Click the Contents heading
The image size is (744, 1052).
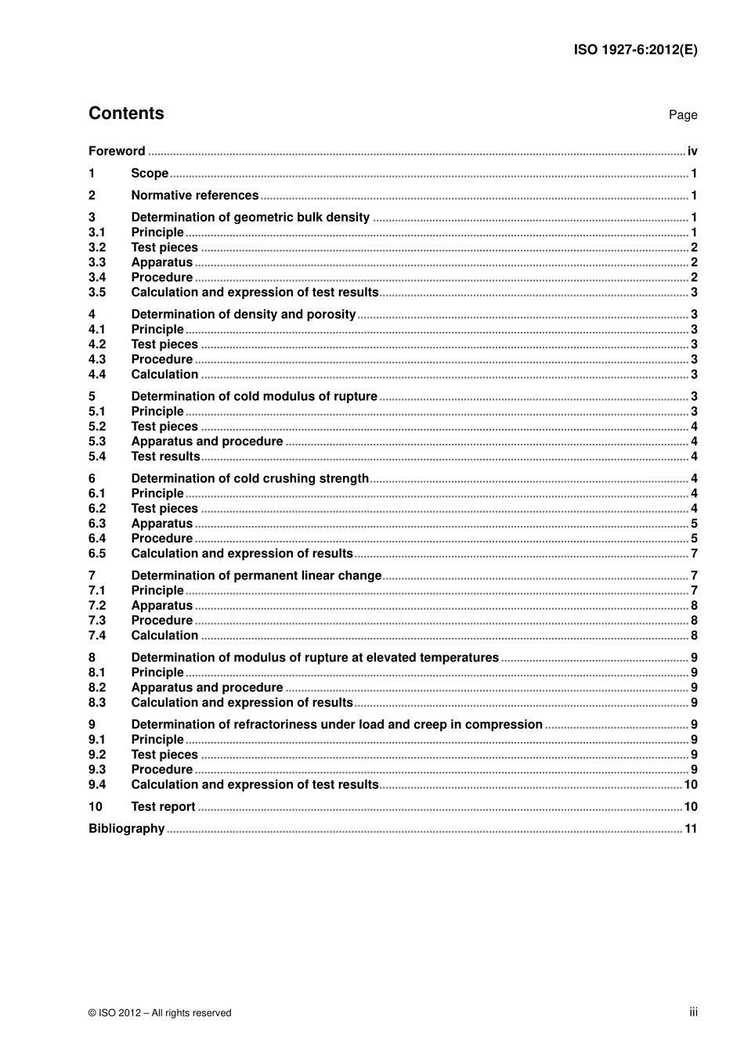pyautogui.click(x=126, y=113)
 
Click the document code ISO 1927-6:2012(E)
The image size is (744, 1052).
pyautogui.click(x=635, y=49)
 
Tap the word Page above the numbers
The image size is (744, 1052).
pyautogui.click(x=683, y=115)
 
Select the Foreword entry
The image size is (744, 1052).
pyautogui.click(x=117, y=151)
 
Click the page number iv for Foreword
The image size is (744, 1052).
pyautogui.click(x=692, y=151)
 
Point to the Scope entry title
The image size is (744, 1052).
pyautogui.click(x=150, y=174)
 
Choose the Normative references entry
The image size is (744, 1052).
pyautogui.click(x=194, y=196)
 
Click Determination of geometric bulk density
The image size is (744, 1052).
pyautogui.click(x=250, y=218)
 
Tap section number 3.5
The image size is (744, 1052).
pyautogui.click(x=97, y=293)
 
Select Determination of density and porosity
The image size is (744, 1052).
pyautogui.click(x=243, y=315)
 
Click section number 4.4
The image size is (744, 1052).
pyautogui.click(x=97, y=375)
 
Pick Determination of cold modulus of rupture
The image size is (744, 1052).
pyautogui.click(x=254, y=397)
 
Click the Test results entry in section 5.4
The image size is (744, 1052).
pyautogui.click(x=165, y=457)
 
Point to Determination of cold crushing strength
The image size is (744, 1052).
pyautogui.click(x=250, y=479)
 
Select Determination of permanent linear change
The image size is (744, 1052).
pyautogui.click(x=256, y=576)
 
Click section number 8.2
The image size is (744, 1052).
pyautogui.click(x=97, y=688)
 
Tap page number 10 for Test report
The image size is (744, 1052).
pyautogui.click(x=691, y=807)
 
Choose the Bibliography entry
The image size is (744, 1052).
pyautogui.click(x=126, y=829)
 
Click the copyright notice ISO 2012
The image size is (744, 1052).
pyautogui.click(x=160, y=1013)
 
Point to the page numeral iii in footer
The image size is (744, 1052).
pyautogui.click(x=693, y=1012)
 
